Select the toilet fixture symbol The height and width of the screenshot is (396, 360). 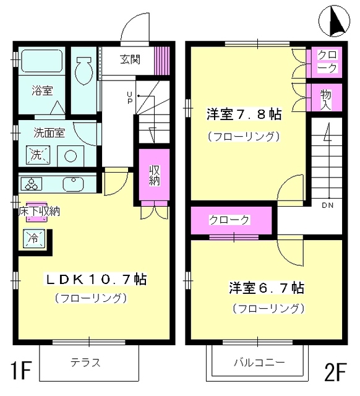click(84, 71)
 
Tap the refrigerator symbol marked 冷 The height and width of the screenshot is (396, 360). click(31, 237)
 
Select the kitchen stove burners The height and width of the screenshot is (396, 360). click(31, 184)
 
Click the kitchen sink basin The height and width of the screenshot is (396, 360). click(74, 184)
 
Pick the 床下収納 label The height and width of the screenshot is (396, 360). click(38, 212)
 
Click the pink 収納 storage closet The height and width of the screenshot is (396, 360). click(154, 176)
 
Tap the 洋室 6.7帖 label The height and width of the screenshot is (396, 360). click(266, 288)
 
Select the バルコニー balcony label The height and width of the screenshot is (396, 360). click(259, 363)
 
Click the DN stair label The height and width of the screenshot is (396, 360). click(327, 204)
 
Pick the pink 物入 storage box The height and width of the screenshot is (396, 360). click(325, 97)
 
